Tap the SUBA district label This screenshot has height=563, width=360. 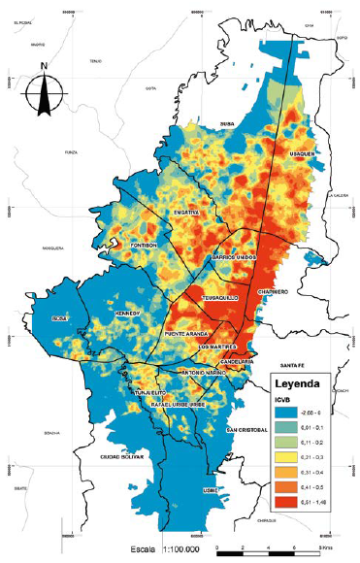point(228,125)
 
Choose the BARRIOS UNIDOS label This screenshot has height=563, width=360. point(233,257)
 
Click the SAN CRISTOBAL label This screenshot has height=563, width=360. point(245,428)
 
